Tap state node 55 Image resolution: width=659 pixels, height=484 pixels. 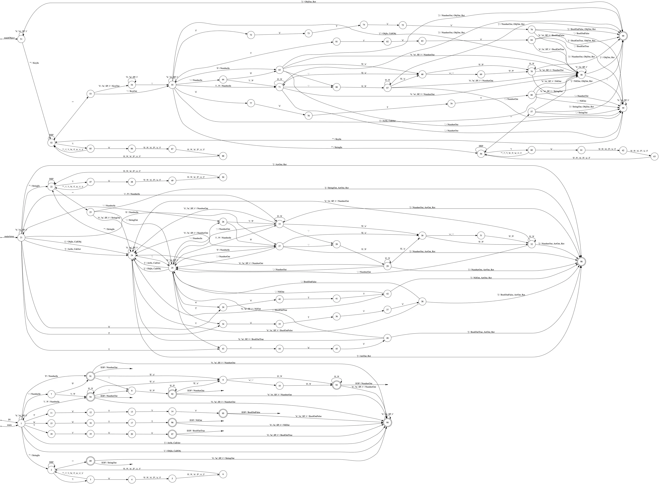pos(173,85)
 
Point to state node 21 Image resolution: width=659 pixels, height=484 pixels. pos(21,238)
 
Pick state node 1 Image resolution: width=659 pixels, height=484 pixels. pos(21,424)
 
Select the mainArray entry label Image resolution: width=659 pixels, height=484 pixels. pos(9,236)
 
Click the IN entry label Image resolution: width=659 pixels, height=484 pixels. pos(9,420)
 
